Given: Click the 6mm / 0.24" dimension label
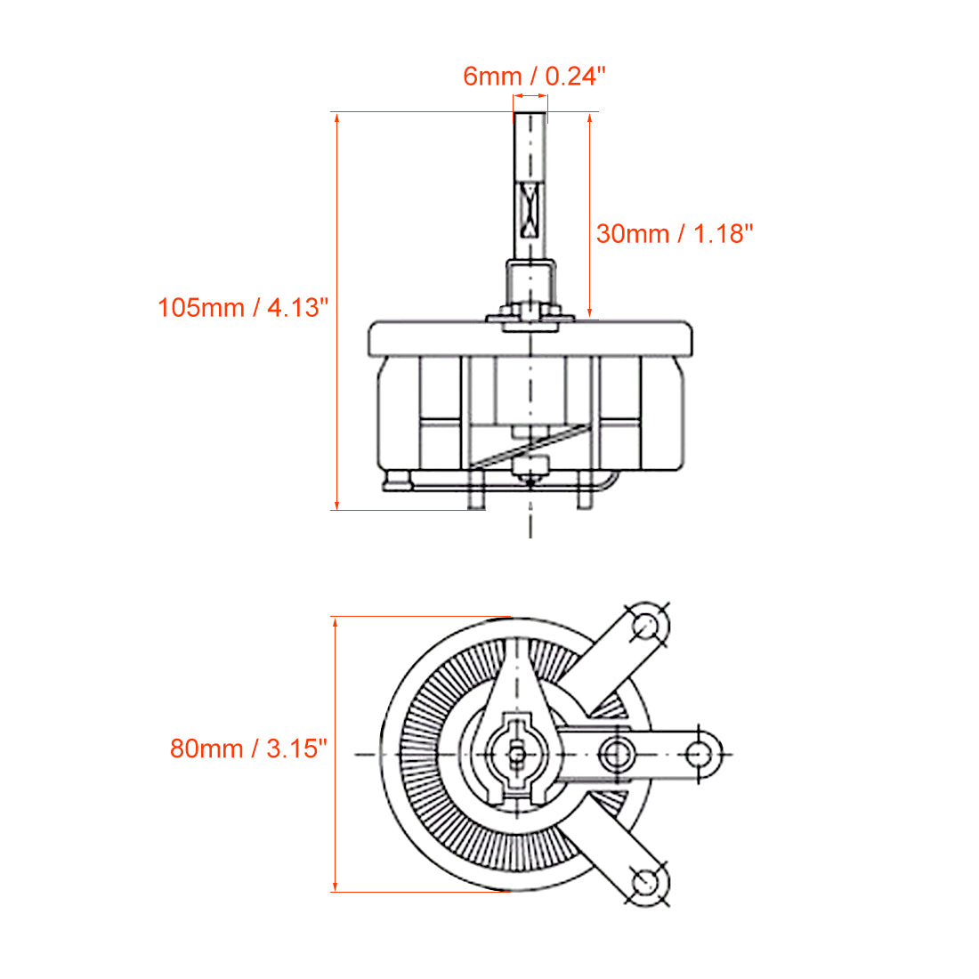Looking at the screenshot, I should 534,76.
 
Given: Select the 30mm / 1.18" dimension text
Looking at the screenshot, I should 675,233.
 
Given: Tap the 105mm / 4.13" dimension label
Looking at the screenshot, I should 243,307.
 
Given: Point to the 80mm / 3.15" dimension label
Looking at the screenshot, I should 248,748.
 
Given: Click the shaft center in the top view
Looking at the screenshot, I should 517,755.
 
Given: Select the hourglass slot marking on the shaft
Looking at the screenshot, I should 530,211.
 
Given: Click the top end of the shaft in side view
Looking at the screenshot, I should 530,115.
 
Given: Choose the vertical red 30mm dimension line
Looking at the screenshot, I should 589,214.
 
